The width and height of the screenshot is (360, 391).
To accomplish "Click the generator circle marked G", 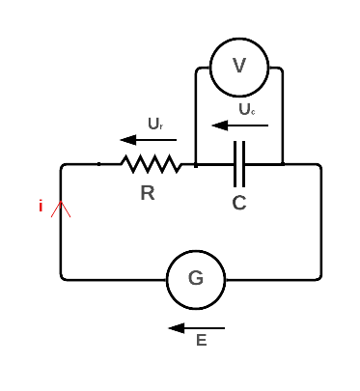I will pos(196,280).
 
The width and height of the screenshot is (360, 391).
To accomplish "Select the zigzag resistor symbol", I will pos(151,164).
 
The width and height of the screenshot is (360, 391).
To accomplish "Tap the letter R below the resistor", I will pos(148,193).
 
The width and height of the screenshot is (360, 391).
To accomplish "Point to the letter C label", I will pos(240,203).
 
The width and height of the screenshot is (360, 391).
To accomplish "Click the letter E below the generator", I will pos(202,340).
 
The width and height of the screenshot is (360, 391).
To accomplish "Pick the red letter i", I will pos(41,206).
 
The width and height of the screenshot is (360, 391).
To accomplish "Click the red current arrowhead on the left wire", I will pos(63,206).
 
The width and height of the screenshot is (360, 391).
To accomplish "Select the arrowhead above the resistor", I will pos(127,141).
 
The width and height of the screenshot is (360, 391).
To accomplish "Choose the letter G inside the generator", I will pos(196,280).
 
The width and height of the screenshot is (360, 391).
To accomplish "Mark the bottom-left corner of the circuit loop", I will pos(64,279).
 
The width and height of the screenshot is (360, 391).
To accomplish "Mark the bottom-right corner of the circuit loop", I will pos(319,279).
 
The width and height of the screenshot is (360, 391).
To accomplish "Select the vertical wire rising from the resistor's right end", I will pos(197,116).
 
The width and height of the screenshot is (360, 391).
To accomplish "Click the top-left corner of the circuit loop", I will pos(64,165).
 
